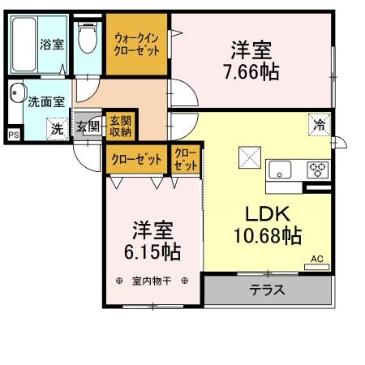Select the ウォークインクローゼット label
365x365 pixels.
136,42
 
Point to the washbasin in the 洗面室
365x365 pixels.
19,93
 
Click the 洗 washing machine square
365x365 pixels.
57,127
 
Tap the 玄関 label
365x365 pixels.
88,127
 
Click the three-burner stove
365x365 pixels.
317,170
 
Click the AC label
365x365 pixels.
317,260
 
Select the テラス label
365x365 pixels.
267,290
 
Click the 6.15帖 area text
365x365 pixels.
152,251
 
